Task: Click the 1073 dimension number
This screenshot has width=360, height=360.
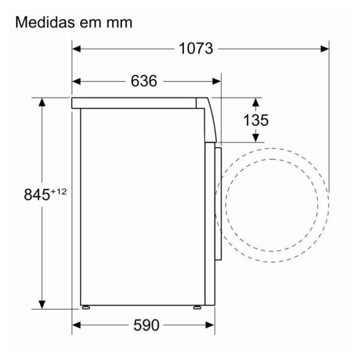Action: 196,48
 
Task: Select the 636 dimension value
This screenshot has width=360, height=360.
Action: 144,81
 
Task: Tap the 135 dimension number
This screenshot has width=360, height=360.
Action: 255,120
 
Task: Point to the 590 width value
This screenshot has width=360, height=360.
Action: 146,325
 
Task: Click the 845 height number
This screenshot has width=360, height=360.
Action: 37,195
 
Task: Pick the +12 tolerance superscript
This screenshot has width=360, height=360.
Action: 59,192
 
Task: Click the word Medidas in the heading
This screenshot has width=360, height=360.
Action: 45,22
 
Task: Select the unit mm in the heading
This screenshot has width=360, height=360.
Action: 120,24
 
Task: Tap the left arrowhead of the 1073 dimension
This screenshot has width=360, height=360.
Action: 76,49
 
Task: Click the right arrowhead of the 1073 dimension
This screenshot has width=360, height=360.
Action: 324,49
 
